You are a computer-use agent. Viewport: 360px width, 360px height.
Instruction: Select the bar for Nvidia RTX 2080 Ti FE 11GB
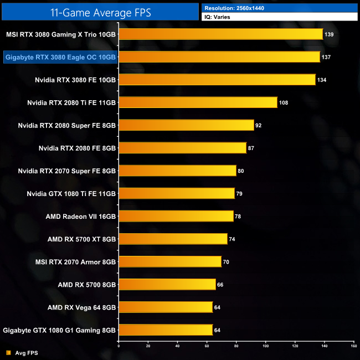198,102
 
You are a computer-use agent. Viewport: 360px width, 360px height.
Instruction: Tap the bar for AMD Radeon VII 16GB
176,216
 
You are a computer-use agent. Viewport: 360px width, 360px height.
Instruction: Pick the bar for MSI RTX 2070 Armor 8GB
170,261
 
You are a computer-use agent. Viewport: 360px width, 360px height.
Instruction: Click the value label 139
329,34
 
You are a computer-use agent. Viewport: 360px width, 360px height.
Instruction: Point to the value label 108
284,102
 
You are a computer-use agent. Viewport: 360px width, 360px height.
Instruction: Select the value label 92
259,125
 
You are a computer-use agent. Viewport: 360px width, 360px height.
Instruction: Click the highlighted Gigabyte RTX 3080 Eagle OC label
60,57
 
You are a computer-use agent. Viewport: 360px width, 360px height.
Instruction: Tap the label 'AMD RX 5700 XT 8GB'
81,239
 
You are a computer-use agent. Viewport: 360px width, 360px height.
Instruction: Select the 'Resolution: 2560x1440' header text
233,8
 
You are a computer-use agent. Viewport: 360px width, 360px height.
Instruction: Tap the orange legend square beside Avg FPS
8,352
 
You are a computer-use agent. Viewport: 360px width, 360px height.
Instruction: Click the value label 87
251,148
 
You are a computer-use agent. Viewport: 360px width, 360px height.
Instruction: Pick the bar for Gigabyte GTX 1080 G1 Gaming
166,330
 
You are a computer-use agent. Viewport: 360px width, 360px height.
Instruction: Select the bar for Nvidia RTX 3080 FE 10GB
217,80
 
